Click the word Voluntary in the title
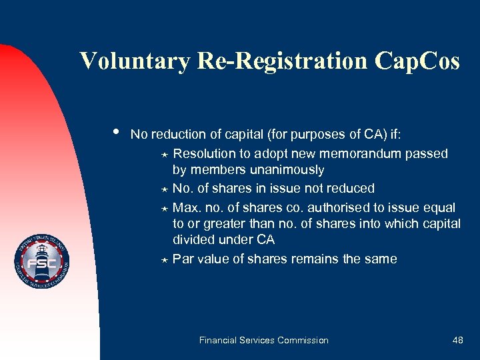pos(135,61)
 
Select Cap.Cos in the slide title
pos(417,61)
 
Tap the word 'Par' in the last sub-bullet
pos(183,259)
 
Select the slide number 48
pos(457,340)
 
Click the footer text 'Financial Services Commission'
pos(264,340)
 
